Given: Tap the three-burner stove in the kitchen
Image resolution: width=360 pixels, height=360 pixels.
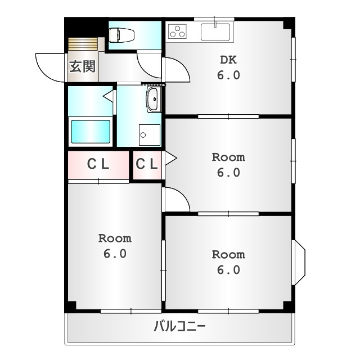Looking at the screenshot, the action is (x=177, y=31).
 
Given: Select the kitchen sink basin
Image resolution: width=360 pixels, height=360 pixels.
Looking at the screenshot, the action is (x=215, y=32).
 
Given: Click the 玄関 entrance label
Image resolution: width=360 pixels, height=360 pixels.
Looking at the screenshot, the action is (x=82, y=66).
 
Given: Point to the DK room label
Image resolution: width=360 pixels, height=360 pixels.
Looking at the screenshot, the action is (x=228, y=60).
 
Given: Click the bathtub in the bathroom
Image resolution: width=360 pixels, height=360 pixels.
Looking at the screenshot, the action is (x=91, y=132).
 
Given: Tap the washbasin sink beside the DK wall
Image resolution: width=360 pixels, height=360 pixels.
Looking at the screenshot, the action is (x=152, y=99).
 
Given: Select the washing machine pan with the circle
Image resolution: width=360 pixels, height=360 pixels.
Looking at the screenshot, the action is (x=150, y=135).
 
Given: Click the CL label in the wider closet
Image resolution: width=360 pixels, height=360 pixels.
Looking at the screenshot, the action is (x=98, y=164).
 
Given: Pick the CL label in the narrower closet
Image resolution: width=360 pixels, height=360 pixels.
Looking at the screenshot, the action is (x=146, y=164).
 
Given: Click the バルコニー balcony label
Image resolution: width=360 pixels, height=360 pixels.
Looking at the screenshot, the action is (x=179, y=326).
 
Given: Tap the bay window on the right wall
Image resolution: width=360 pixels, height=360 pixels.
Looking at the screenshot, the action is (x=300, y=263).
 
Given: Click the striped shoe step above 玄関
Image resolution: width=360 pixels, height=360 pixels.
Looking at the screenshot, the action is (x=83, y=44).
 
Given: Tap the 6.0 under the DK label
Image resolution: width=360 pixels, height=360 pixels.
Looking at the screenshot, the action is (x=228, y=75).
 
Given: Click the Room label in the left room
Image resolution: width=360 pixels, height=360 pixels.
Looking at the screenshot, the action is (x=115, y=238).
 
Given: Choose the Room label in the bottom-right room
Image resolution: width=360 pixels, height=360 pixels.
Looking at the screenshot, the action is (x=228, y=254).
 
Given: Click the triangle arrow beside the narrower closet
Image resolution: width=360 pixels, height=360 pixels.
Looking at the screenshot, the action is (x=170, y=158).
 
